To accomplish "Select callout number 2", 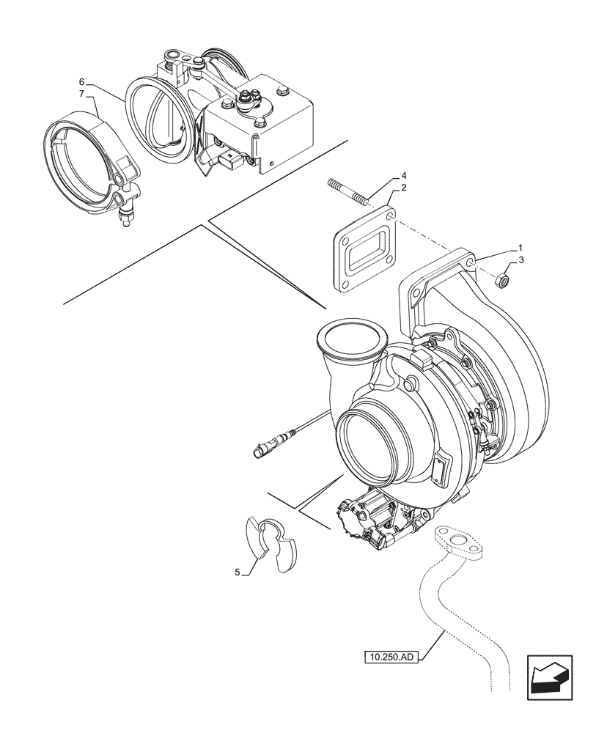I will pos(405,189).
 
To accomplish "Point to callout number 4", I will pos(404,177).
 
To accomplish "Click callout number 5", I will pos(238,572).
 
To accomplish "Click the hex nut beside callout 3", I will pos(501,279).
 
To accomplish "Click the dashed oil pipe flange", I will pos(460,543).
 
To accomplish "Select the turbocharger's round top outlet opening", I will pos(350,339).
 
